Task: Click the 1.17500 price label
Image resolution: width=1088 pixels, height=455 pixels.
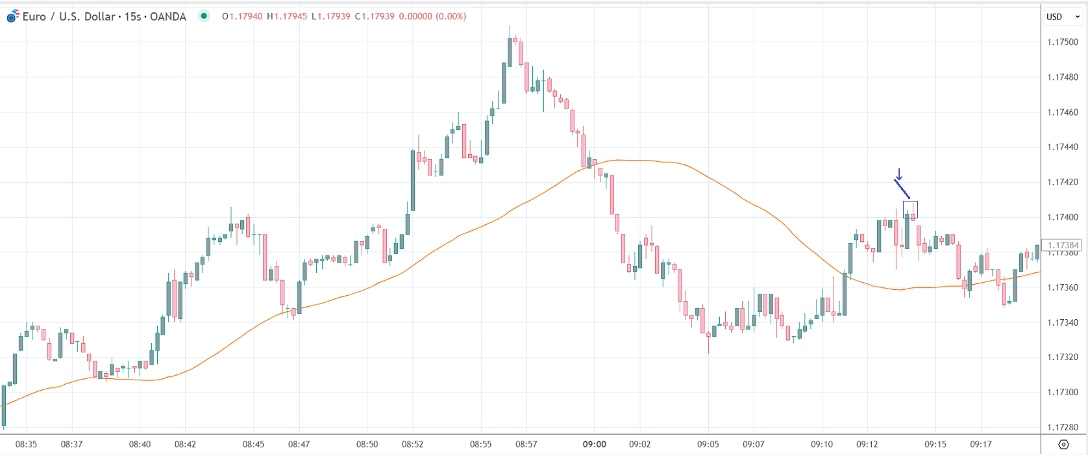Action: pos(1063,42)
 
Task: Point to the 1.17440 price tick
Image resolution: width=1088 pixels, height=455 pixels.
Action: pos(1063,147)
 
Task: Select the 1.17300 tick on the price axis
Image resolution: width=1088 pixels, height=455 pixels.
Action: pos(1063,392)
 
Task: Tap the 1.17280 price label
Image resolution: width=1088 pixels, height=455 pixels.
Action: pos(1063,427)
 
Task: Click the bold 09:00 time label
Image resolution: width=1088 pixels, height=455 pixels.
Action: pos(594,445)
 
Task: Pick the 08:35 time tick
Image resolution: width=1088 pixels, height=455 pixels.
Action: pos(26,445)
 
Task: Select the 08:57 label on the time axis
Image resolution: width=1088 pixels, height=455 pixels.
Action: pos(526,445)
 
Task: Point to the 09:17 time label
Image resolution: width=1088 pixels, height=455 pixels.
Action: pos(980,445)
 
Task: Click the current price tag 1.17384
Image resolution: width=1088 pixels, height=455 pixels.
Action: pos(1063,246)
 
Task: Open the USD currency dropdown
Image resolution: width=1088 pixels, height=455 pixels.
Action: pos(1063,17)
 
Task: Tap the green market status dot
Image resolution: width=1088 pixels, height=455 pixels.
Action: pos(204,16)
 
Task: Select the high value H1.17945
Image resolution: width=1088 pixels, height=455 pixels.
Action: pos(287,16)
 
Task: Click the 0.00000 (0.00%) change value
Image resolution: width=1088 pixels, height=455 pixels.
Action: pos(432,16)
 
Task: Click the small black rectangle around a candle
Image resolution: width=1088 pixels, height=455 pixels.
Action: pos(910,209)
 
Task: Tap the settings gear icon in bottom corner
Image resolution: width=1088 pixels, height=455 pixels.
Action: pos(1063,445)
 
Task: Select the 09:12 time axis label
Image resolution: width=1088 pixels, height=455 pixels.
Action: pos(867,445)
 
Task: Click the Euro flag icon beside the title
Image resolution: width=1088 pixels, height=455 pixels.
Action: pos(12,17)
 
